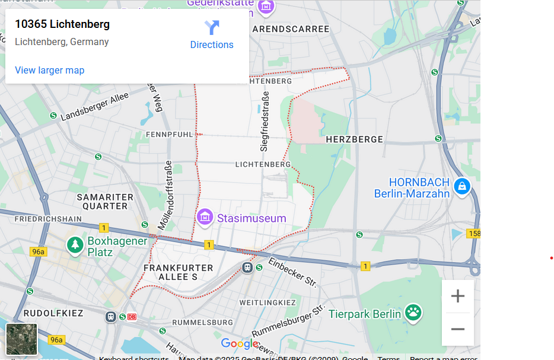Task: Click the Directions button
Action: pyautogui.click(x=212, y=35)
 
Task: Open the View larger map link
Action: pyautogui.click(x=50, y=70)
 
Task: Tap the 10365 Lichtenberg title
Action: pyautogui.click(x=62, y=24)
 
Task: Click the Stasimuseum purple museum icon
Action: pyautogui.click(x=205, y=218)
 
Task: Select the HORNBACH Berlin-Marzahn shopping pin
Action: pyautogui.click(x=461, y=187)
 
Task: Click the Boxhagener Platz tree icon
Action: pyautogui.click(x=75, y=245)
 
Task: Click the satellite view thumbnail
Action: pyautogui.click(x=22, y=339)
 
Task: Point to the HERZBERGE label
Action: pyautogui.click(x=355, y=139)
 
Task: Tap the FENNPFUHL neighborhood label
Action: pyautogui.click(x=170, y=135)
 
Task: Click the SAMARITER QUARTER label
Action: pyautogui.click(x=105, y=202)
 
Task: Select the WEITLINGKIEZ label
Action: pyautogui.click(x=267, y=302)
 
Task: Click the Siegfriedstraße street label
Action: pyautogui.click(x=265, y=121)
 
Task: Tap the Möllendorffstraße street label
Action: pyautogui.click(x=165, y=195)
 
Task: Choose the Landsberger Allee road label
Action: pyautogui.click(x=95, y=107)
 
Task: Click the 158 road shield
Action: pyautogui.click(x=473, y=234)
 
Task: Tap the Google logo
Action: pyautogui.click(x=240, y=343)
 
